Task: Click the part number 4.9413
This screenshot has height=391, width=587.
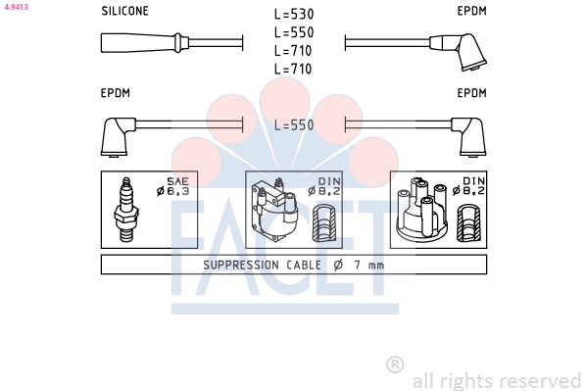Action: (16, 7)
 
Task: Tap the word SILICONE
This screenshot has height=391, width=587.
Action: (124, 11)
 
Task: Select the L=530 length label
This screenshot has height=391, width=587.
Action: (294, 15)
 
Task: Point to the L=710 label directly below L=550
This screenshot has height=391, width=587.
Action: (293, 51)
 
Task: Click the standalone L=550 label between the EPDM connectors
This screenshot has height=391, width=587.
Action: (294, 125)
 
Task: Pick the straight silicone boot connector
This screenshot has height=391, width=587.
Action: (144, 43)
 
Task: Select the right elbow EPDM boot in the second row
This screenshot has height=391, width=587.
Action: (468, 136)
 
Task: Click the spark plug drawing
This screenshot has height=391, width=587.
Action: (126, 210)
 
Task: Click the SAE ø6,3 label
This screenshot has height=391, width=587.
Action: (173, 186)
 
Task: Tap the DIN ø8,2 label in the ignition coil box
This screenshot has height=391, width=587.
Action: (324, 186)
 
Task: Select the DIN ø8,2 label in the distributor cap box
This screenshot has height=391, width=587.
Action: (469, 186)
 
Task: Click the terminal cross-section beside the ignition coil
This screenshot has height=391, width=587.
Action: (324, 222)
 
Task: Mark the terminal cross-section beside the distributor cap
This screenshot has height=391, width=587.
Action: (468, 222)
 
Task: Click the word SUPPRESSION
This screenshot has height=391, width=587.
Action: (241, 266)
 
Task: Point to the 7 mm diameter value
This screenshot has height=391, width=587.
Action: (369, 266)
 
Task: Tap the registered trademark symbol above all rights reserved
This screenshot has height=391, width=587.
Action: (395, 365)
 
